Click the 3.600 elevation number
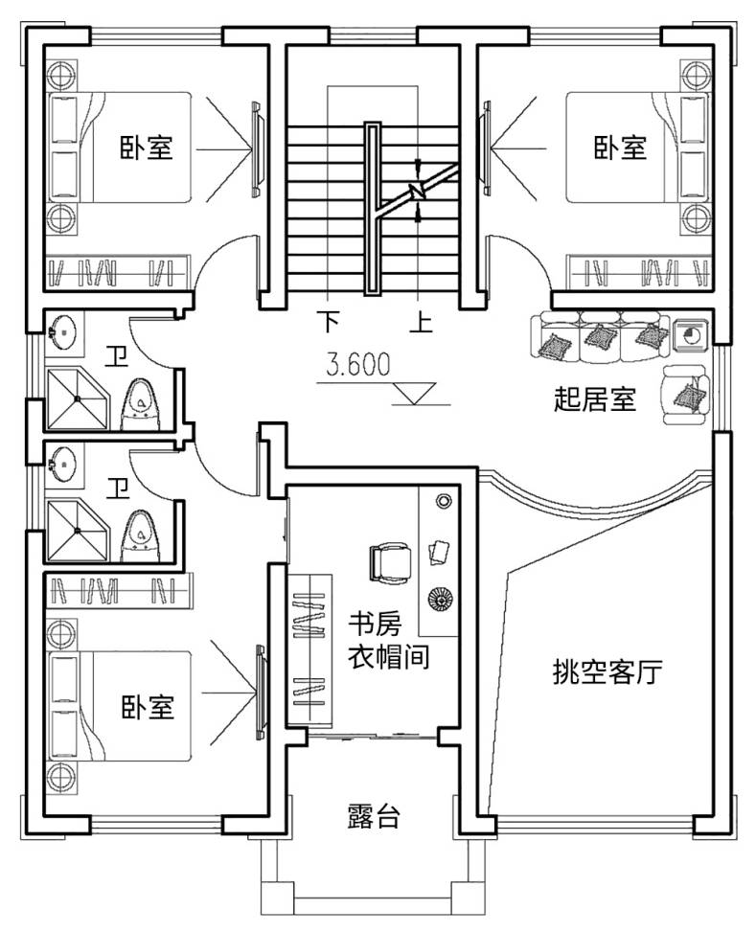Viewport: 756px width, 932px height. point(357,364)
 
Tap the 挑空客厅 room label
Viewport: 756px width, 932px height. point(607,672)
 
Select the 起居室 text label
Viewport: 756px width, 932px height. point(595,398)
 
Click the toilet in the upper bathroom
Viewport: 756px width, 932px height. point(140,402)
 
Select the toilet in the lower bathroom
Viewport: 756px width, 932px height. point(140,534)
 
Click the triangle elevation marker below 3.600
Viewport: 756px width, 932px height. point(415,391)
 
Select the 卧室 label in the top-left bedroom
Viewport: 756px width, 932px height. point(146,148)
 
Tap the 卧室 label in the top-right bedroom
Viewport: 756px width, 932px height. point(620,148)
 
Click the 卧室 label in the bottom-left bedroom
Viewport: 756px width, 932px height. point(147,708)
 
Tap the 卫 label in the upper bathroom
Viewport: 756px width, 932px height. point(118,359)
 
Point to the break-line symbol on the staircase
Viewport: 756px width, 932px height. point(418,189)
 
